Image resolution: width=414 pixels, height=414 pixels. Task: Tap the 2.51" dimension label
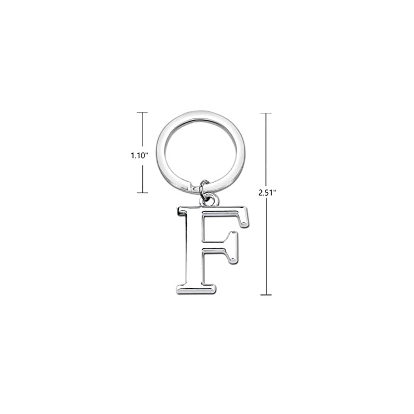tap(267, 193)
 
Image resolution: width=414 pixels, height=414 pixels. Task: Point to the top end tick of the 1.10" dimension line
tap(142, 113)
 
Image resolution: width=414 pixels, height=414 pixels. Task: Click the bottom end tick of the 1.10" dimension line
tap(142, 193)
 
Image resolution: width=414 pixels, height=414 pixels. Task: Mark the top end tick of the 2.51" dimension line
tap(266, 113)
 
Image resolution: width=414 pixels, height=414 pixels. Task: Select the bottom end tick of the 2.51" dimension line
tap(266, 295)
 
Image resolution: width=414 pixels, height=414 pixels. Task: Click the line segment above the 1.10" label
tap(142, 129)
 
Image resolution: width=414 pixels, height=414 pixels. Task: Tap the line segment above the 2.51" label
tap(266, 150)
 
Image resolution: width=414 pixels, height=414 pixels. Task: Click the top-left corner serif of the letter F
tap(182, 211)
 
